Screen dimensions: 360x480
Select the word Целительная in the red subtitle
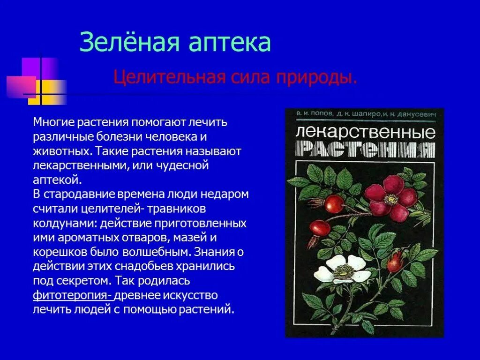(x=166, y=77)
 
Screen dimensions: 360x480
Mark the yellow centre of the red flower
(x=390, y=199)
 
